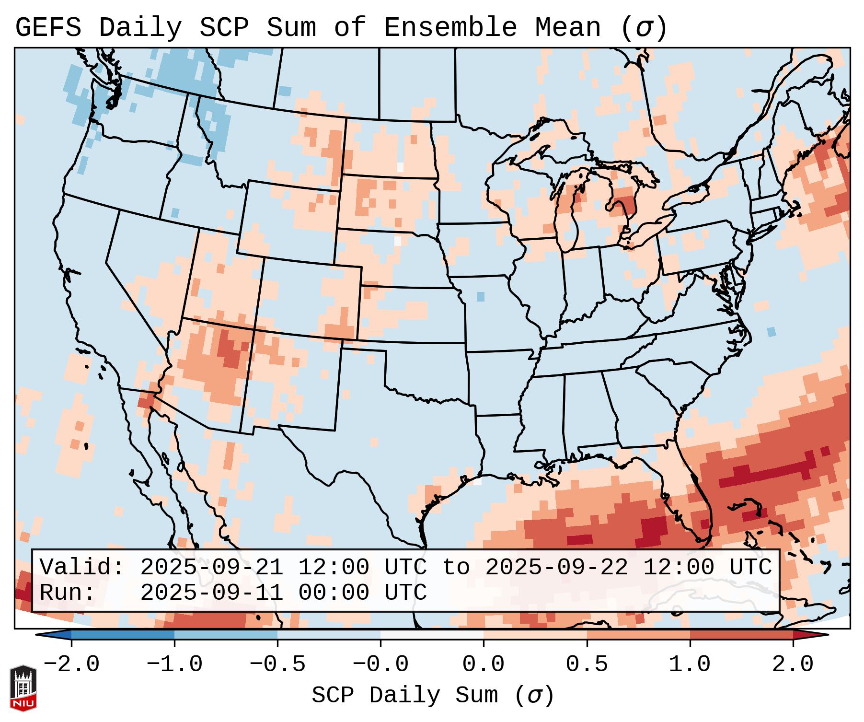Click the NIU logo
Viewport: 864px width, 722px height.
tap(23, 688)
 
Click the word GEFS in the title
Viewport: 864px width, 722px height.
tap(48, 28)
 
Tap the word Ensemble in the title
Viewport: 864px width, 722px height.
tap(450, 28)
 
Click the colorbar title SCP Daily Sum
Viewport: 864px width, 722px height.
tap(405, 696)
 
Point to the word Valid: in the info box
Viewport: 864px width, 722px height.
tap(82, 568)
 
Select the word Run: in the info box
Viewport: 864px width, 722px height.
tap(68, 593)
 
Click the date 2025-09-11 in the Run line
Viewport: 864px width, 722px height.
tap(211, 593)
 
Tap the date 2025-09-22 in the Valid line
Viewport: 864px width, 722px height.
tap(556, 568)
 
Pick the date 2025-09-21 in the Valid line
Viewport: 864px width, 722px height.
tap(211, 568)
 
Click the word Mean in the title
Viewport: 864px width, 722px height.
tap(567, 28)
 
